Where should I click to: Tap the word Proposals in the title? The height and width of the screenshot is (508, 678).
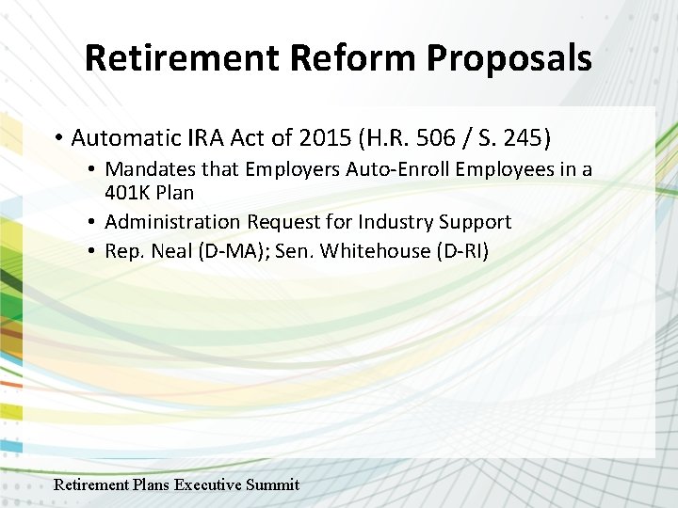tap(508, 57)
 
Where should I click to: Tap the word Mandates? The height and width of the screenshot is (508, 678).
tap(147, 169)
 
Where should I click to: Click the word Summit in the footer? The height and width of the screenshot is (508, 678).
tap(272, 484)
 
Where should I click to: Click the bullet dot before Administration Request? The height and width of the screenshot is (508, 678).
tap(95, 223)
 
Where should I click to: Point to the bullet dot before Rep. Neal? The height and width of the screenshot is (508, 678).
tap(95, 252)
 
